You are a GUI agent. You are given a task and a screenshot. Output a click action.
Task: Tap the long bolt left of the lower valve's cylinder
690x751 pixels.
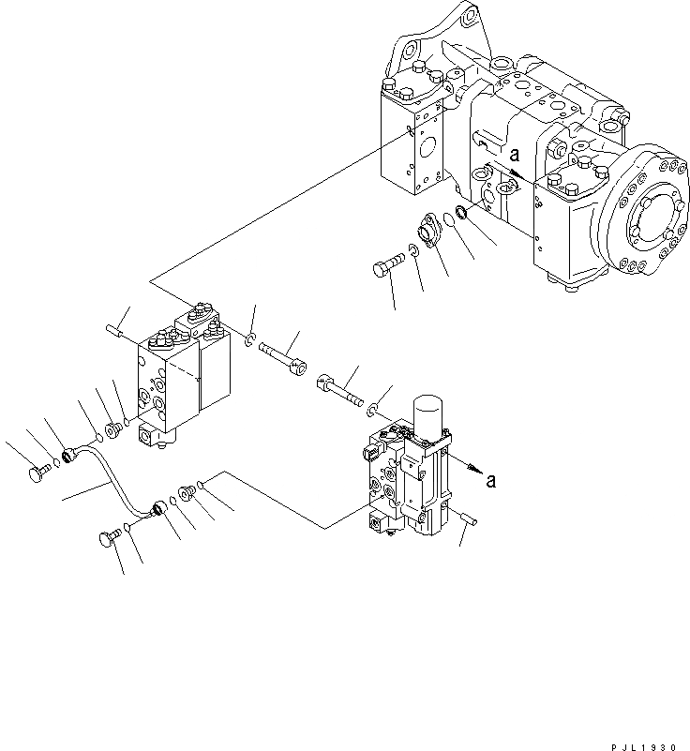point(342,387)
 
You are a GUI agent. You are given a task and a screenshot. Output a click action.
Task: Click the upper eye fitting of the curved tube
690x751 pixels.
point(67,458)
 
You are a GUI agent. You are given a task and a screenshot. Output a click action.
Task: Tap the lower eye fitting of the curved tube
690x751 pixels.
point(157,509)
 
